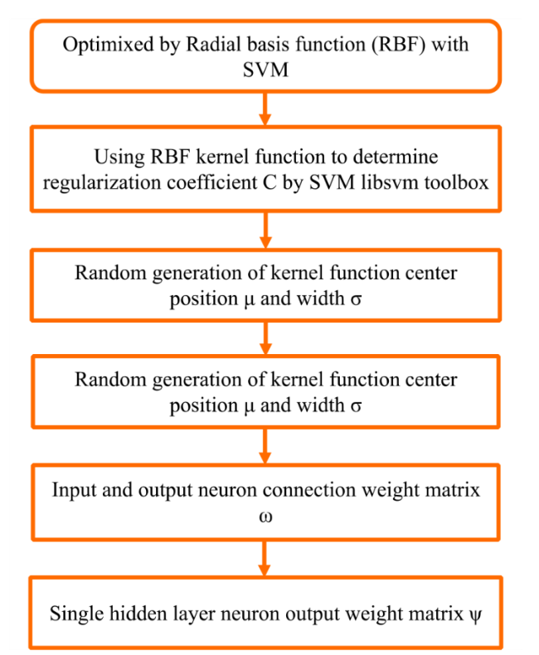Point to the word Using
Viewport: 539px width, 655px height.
pyautogui.click(x=119, y=158)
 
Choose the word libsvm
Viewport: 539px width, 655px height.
pyautogui.click(x=390, y=182)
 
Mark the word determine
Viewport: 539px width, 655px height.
pyautogui.click(x=396, y=157)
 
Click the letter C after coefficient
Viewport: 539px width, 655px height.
pyautogui.click(x=270, y=182)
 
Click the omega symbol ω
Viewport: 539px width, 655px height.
pyautogui.click(x=265, y=517)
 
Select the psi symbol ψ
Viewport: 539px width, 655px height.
pyautogui.click(x=475, y=615)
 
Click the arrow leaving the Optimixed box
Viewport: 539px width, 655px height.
pyautogui.click(x=265, y=109)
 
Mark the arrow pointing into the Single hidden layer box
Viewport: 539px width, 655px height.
pyautogui.click(x=264, y=559)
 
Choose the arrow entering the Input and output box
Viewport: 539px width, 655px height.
pyautogui.click(x=265, y=446)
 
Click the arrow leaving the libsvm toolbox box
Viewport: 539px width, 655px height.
pyautogui.click(x=265, y=230)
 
